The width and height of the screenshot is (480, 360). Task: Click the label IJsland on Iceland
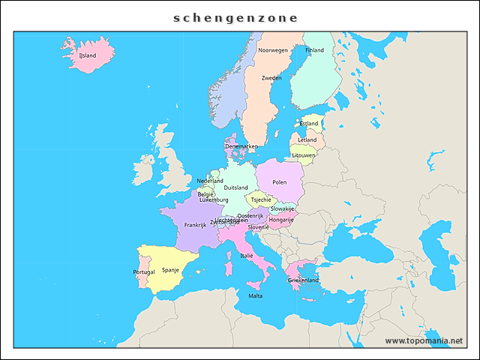(88, 55)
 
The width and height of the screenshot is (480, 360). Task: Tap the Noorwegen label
(273, 50)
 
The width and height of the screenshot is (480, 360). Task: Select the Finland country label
(314, 50)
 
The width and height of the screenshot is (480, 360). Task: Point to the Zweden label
(271, 78)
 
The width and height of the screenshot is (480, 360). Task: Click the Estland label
(308, 124)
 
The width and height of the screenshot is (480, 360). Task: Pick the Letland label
(307, 139)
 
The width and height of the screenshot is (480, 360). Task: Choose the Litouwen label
(304, 155)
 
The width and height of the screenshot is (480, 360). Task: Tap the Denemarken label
(241, 146)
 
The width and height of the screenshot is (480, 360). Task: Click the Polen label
(280, 182)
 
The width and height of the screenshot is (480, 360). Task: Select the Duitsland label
(235, 187)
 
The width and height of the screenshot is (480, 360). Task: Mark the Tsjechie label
(261, 200)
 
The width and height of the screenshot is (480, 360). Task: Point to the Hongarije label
(280, 220)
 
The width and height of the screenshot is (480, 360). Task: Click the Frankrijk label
(195, 225)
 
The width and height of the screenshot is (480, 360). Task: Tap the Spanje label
(170, 269)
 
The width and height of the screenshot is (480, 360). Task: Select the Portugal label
(144, 271)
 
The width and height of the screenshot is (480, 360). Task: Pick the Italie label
(247, 256)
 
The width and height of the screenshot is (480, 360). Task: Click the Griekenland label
(303, 280)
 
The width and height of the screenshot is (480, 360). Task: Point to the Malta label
(256, 296)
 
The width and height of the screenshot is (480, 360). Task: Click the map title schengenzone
(235, 18)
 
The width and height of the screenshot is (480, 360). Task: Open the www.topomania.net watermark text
(424, 340)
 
